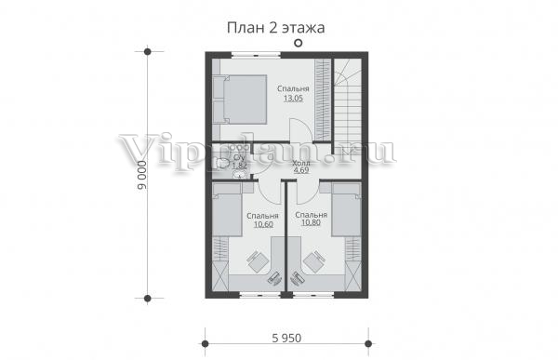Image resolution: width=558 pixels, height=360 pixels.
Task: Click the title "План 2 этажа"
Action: point(276,28)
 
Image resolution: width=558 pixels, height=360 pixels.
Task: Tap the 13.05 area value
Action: point(293,99)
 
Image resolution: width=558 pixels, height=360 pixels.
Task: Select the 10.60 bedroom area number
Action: point(263,224)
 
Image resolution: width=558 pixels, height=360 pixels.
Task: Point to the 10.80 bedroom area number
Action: point(311,222)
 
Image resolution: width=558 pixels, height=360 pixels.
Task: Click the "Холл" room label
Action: point(301,163)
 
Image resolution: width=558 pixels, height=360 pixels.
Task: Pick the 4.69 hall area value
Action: point(301,170)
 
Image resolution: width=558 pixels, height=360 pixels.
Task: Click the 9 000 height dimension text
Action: point(142,175)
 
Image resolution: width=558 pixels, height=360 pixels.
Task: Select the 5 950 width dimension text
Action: point(286,338)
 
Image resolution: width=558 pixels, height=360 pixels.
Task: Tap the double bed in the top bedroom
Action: point(240,99)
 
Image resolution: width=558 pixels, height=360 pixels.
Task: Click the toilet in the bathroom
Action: point(222,163)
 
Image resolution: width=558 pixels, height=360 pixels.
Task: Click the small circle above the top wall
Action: point(299,43)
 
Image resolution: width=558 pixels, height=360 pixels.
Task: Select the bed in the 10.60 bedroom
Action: point(228,209)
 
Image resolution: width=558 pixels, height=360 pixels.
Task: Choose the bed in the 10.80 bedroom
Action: point(346,209)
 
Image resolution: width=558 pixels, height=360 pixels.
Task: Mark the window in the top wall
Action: point(256,55)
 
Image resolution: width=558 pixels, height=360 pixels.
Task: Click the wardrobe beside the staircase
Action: point(323,100)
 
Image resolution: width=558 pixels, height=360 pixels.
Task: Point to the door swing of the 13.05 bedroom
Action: point(301,130)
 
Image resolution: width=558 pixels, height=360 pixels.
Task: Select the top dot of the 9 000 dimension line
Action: point(148,52)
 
